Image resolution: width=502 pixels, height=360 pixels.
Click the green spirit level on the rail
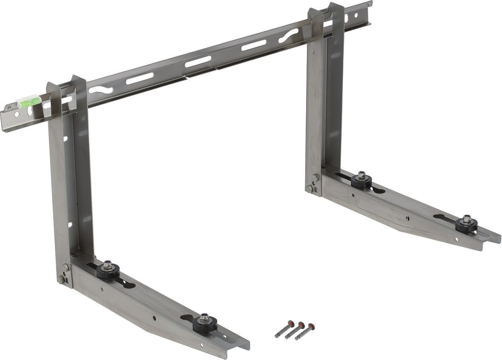(29, 101)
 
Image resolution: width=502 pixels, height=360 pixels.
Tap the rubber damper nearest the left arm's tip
(204, 323)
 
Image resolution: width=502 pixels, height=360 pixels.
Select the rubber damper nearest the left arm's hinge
(108, 270)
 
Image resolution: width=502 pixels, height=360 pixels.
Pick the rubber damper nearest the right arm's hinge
(361, 180)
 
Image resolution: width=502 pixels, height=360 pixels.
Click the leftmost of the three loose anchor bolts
(284, 329)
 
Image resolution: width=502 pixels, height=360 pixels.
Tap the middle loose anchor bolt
(295, 330)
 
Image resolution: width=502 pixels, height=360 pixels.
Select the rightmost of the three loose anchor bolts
(305, 332)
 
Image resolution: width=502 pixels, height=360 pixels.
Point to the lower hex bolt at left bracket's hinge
(62, 279)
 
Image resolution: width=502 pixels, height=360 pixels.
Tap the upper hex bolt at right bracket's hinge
(315, 178)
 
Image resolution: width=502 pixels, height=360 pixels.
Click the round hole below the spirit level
(17, 114)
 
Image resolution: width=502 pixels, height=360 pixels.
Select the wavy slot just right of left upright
(101, 90)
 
